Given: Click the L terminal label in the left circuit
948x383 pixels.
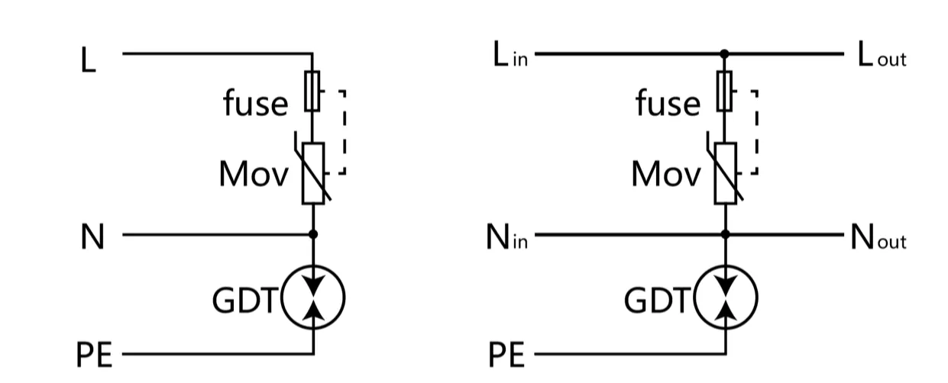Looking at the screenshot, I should pyautogui.click(x=89, y=61).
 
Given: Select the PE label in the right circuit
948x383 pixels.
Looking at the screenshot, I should pyautogui.click(x=507, y=356).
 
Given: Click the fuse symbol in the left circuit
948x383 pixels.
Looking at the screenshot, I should pyautogui.click(x=312, y=91).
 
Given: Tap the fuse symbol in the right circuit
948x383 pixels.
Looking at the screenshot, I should pyautogui.click(x=725, y=91).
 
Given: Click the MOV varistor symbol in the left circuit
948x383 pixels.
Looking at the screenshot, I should pyautogui.click(x=313, y=173).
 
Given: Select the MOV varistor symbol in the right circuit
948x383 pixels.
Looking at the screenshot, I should pyautogui.click(x=726, y=173).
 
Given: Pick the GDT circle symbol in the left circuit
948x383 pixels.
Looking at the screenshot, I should pyautogui.click(x=313, y=297).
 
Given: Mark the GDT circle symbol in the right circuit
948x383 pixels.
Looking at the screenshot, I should pyautogui.click(x=726, y=297).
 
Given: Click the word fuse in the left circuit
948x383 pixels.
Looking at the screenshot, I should pyautogui.click(x=256, y=103).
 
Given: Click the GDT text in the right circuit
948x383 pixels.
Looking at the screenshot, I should pyautogui.click(x=656, y=302).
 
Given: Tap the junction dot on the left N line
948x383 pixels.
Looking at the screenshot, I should pyautogui.click(x=313, y=234).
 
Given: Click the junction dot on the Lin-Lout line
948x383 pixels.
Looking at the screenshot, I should pyautogui.click(x=725, y=54).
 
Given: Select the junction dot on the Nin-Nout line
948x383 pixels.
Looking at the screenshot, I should pyautogui.click(x=726, y=234).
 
